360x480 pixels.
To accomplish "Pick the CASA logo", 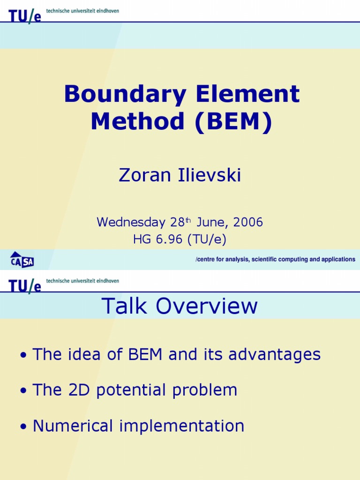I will point(22,259).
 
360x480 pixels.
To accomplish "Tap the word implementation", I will point(182,426).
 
